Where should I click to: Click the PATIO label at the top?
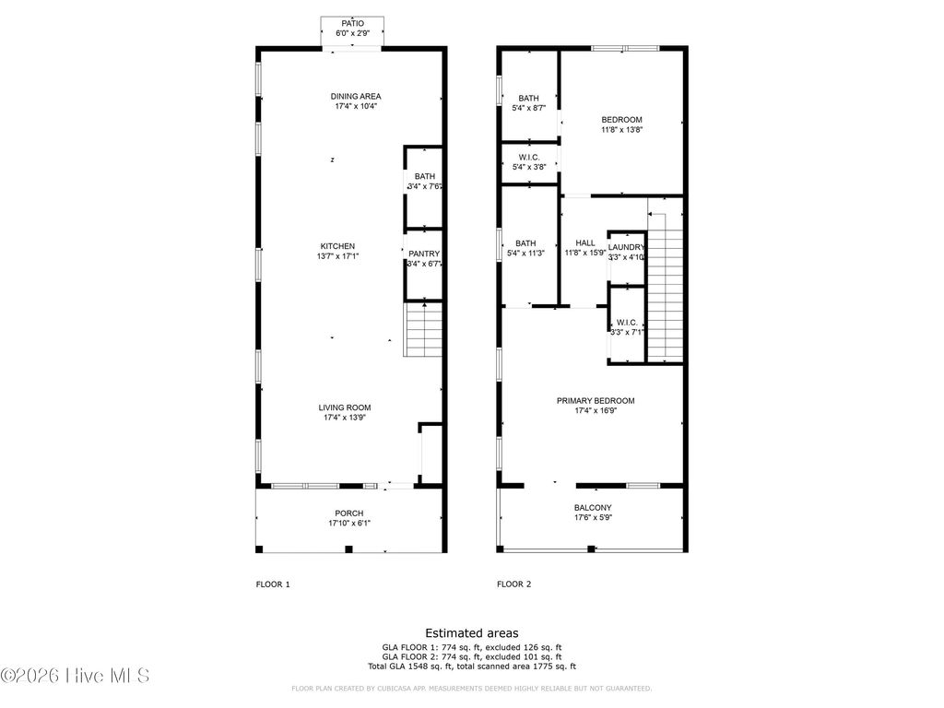[352, 23]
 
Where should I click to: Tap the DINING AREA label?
[356, 96]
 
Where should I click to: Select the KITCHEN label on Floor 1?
[337, 246]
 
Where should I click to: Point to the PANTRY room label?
[424, 254]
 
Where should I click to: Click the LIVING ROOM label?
[345, 407]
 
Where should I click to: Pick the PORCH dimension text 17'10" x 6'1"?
[349, 523]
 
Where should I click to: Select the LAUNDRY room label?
[626, 247]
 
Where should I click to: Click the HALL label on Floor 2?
[585, 243]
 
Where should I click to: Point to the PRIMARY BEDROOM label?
[596, 401]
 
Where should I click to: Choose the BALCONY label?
[593, 508]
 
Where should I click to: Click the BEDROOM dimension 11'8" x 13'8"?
[621, 130]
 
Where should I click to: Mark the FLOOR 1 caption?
[273, 584]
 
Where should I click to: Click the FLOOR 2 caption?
[513, 584]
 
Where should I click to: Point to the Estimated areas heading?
[471, 633]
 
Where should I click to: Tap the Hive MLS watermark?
[76, 676]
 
